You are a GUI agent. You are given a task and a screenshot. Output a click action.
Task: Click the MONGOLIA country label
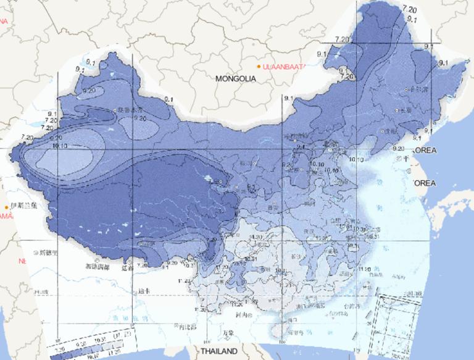[235, 79]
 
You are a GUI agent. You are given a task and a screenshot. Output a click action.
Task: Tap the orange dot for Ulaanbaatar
[259, 65]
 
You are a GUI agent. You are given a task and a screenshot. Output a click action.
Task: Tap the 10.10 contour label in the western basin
[60, 146]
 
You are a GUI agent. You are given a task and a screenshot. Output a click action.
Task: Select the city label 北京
[330, 143]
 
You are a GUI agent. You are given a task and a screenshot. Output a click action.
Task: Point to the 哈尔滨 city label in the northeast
[420, 90]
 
